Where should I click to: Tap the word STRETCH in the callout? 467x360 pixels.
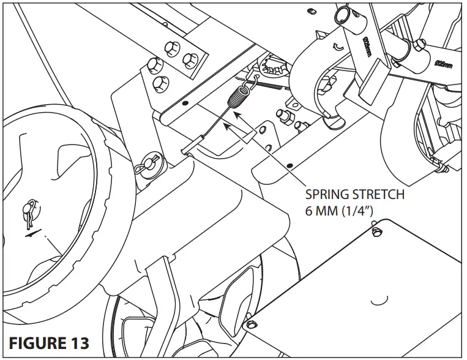click(x=378, y=196)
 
